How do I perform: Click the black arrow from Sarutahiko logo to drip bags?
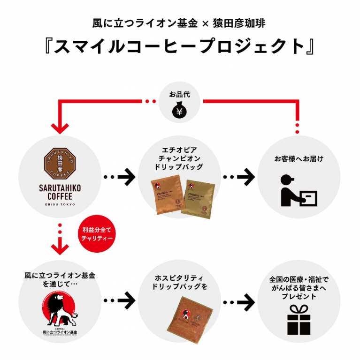coord(120,177)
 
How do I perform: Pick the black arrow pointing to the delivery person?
coord(239,177)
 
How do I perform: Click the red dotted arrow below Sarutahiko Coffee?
coord(60,239)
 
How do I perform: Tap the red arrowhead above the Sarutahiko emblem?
coord(60,127)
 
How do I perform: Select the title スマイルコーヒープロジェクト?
coord(180,47)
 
